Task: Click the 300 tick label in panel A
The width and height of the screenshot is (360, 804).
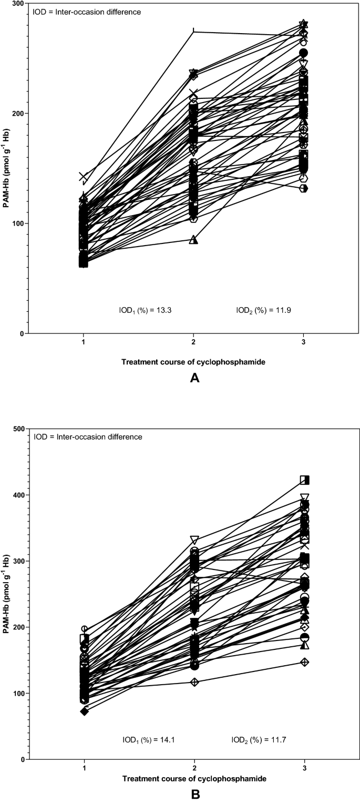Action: (x=18, y=4)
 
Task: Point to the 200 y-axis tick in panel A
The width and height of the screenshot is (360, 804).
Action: (x=18, y=114)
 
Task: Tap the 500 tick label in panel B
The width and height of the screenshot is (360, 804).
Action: (x=18, y=429)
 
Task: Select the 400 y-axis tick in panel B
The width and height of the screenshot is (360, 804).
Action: (x=18, y=495)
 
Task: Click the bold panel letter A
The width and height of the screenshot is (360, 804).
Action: (x=194, y=378)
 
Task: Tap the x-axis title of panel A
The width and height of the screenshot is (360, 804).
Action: (x=193, y=362)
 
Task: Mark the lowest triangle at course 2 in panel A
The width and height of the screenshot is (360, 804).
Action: (x=193, y=240)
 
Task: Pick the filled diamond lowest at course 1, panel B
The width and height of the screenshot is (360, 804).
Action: (x=84, y=711)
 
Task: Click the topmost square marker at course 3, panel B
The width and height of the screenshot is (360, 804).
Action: (x=304, y=480)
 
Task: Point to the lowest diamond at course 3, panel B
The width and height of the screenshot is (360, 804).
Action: (x=304, y=661)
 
